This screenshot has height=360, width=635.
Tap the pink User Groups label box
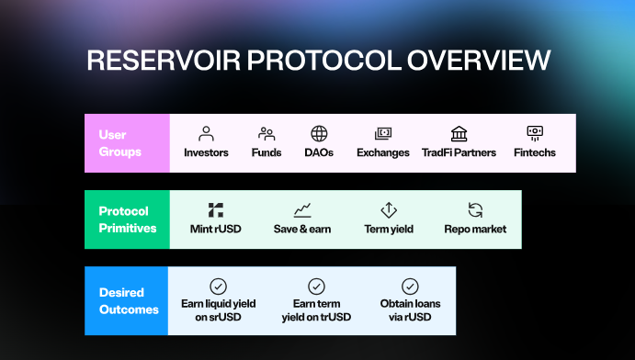click(x=127, y=143)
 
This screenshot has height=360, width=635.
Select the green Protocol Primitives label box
click(x=127, y=219)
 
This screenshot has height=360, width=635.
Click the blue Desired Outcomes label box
click(x=127, y=294)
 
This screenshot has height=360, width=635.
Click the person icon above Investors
click(x=206, y=133)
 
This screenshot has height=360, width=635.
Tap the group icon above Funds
click(x=266, y=133)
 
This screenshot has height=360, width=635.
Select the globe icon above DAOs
click(x=319, y=133)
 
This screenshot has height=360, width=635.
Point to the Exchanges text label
click(x=383, y=152)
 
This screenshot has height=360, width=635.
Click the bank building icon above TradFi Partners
click(x=459, y=133)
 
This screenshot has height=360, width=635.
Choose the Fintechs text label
click(x=534, y=152)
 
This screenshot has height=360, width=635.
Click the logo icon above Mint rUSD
click(x=215, y=209)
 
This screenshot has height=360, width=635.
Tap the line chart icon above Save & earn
click(x=302, y=209)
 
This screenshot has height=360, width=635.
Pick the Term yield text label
click(x=388, y=229)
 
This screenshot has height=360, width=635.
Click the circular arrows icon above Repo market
click(x=475, y=209)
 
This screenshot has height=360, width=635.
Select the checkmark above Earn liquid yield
click(x=219, y=286)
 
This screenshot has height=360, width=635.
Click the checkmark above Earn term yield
click(x=316, y=286)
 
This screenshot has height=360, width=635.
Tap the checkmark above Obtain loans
click(x=410, y=286)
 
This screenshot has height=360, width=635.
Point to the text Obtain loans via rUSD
click(x=410, y=310)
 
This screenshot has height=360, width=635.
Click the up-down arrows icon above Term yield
click(x=388, y=209)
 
